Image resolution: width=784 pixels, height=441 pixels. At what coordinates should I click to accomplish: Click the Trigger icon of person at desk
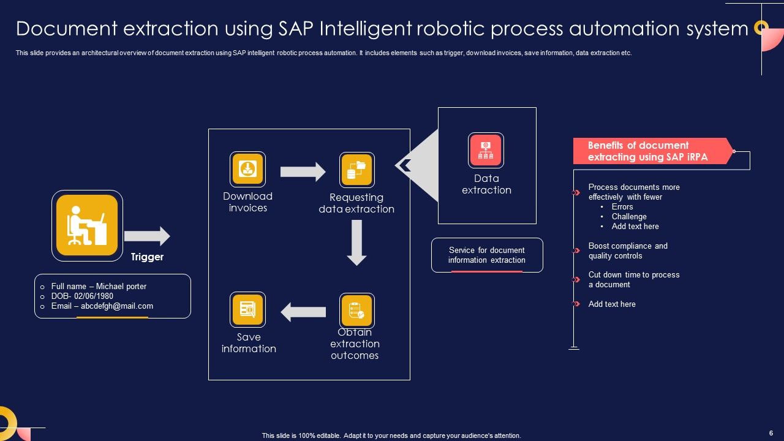click(87, 225)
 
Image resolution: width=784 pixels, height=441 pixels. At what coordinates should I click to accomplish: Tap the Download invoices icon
click(247, 169)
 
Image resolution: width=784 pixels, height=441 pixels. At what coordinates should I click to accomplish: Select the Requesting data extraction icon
click(356, 170)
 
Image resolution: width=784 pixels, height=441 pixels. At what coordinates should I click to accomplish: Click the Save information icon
click(247, 309)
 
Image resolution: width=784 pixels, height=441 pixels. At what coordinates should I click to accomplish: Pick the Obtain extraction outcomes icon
click(356, 311)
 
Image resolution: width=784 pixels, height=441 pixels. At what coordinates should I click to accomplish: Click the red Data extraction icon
click(486, 150)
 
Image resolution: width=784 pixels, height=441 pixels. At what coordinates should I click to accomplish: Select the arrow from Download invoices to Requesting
click(303, 172)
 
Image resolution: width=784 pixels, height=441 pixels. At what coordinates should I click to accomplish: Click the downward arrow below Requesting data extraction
click(356, 243)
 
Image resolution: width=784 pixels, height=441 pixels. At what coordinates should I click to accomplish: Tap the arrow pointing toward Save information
click(303, 312)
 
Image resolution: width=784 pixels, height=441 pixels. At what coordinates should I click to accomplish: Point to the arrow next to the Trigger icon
click(147, 236)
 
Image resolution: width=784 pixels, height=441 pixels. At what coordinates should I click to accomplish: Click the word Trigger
click(147, 257)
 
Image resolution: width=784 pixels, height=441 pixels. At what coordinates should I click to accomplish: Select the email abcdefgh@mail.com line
click(102, 306)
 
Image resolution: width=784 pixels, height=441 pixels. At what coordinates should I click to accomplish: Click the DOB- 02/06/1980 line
click(82, 296)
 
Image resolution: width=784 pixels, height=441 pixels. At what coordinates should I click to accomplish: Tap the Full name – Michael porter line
click(99, 287)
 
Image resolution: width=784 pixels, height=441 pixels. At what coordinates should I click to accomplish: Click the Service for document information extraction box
click(487, 255)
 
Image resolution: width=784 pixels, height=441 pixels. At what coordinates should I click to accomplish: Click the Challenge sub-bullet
click(629, 217)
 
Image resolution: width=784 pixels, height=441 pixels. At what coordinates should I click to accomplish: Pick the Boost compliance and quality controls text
click(628, 251)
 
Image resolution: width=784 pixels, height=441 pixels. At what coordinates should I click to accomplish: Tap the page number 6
click(771, 432)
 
